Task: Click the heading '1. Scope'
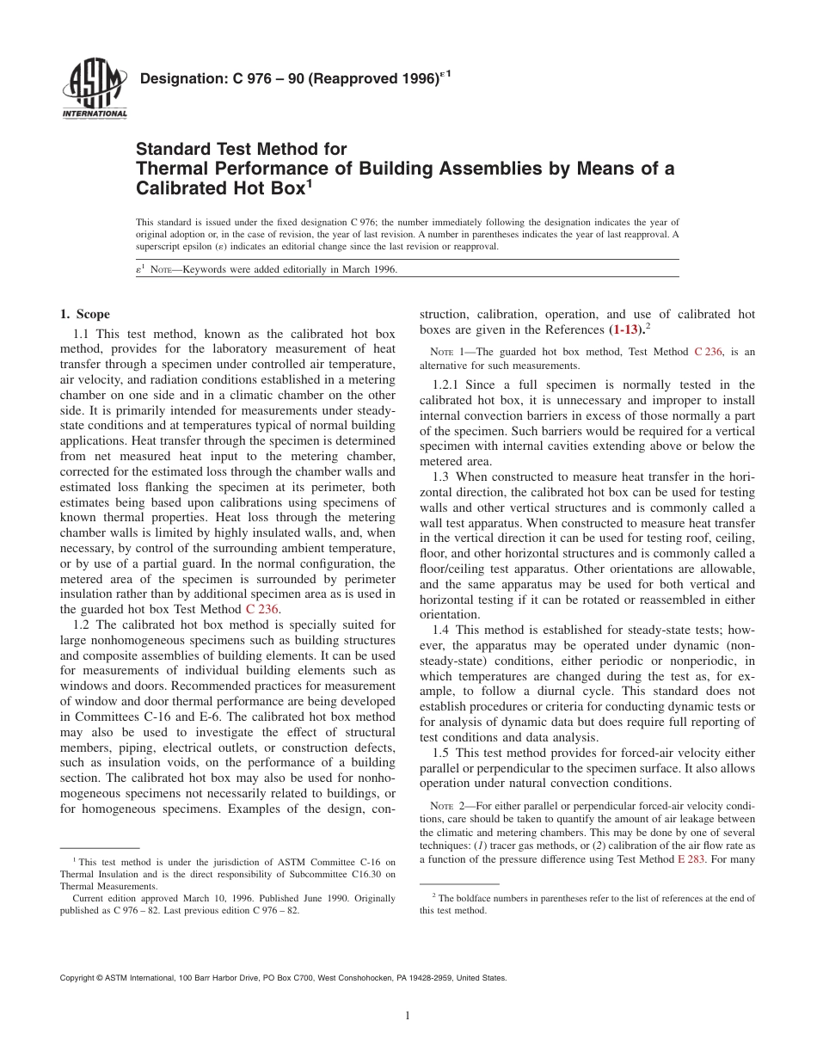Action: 84,315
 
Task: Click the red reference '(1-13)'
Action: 626,329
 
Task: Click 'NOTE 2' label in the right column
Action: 447,806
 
